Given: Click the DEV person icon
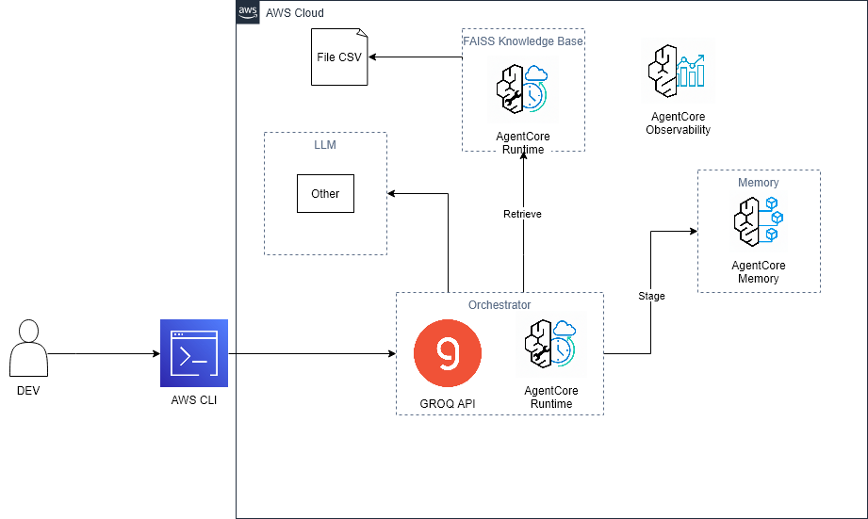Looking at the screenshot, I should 28,349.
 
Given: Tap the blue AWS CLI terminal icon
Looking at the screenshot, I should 193,353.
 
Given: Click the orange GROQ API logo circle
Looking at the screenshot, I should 448,353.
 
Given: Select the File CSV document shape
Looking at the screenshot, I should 339,57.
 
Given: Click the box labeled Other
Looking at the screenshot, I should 325,193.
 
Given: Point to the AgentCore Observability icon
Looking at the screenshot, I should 678,72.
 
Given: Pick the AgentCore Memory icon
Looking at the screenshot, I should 758,223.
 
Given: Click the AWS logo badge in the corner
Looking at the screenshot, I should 248,12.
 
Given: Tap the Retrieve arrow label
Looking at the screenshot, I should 522,214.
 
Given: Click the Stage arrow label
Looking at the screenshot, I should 651,296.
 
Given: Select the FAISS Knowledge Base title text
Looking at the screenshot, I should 523,41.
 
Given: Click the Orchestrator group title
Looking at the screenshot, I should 500,305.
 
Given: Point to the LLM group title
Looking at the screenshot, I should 325,145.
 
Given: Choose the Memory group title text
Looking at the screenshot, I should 759,183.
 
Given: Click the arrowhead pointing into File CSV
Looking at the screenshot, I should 372,57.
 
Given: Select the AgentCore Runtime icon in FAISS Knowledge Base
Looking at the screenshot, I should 522,92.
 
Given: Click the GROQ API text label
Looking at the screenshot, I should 448,404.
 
